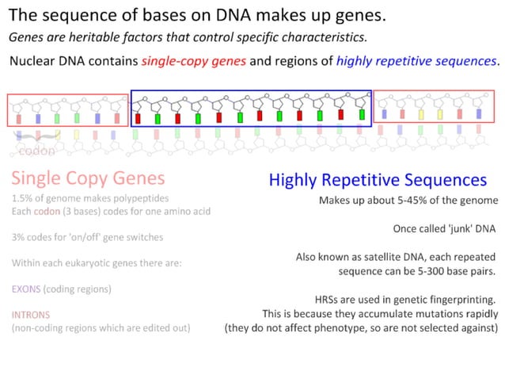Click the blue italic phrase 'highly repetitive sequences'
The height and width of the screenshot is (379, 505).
coord(417,61)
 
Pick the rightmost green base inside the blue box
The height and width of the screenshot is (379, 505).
coord(362,115)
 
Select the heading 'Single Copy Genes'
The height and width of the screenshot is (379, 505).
coord(88,178)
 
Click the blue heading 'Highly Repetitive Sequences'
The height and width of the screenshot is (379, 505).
coord(378,180)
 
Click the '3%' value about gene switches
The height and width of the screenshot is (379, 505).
coord(19,237)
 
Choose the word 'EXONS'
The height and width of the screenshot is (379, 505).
coord(28,289)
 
